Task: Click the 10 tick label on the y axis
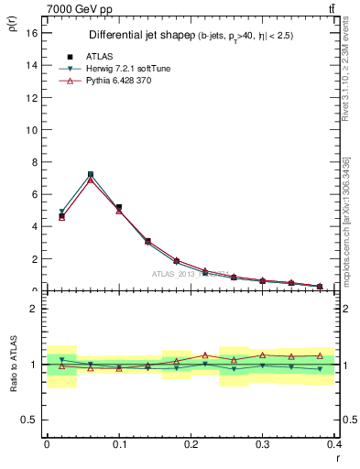pyautogui.click(x=31, y=129)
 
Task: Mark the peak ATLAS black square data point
pyautogui.click(x=91, y=174)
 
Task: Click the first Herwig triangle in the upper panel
pyautogui.click(x=61, y=212)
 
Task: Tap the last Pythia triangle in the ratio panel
pyautogui.click(x=320, y=354)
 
